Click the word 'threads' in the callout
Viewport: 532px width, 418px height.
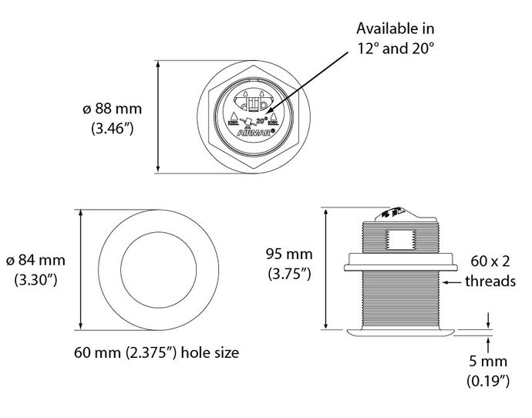pyautogui.click(x=490, y=282)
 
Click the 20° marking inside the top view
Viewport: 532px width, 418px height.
pyautogui.click(x=261, y=120)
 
